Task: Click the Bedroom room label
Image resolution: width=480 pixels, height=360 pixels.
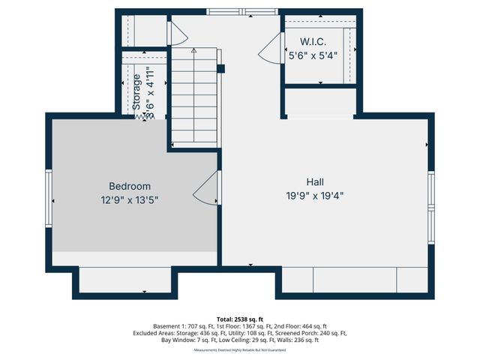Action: coord(130,186)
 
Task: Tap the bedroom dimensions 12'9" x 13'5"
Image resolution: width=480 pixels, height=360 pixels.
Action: coord(130,199)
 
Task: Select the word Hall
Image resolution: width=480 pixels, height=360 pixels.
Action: coord(315,181)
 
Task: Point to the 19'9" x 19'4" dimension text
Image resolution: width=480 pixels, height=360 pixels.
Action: coord(315,195)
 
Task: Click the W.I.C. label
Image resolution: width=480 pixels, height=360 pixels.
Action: coord(313,42)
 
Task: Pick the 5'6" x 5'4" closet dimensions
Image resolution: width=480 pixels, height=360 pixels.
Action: coord(313,55)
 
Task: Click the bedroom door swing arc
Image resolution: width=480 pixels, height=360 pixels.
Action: coord(205,193)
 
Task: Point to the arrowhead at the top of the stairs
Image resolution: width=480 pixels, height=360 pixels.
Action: coord(193,51)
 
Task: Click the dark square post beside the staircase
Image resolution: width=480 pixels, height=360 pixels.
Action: coord(220,69)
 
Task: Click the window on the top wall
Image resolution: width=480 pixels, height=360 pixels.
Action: coord(240,11)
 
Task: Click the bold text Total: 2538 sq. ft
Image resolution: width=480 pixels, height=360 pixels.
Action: coord(240,319)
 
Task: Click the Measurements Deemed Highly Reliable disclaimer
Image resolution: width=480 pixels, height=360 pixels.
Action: coord(240,349)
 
